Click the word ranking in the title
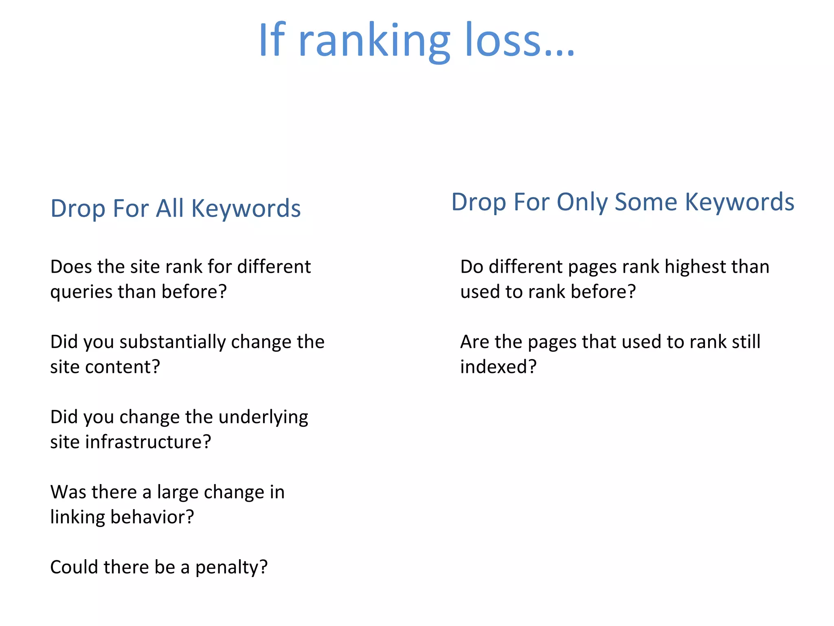374,41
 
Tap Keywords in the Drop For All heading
246,209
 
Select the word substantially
172,342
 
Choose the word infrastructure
148,442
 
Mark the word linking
77,518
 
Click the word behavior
152,517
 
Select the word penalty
231,568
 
